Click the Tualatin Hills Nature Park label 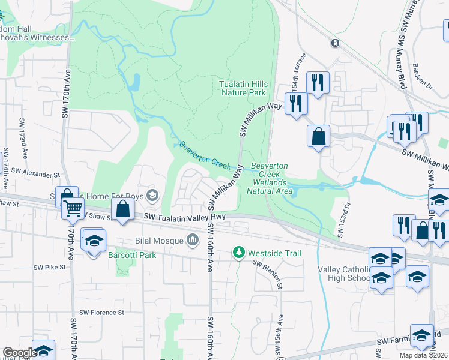[243, 89]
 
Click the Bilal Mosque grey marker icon [193, 241]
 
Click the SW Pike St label [49, 268]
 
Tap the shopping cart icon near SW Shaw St [73, 209]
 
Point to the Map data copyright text [423, 355]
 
